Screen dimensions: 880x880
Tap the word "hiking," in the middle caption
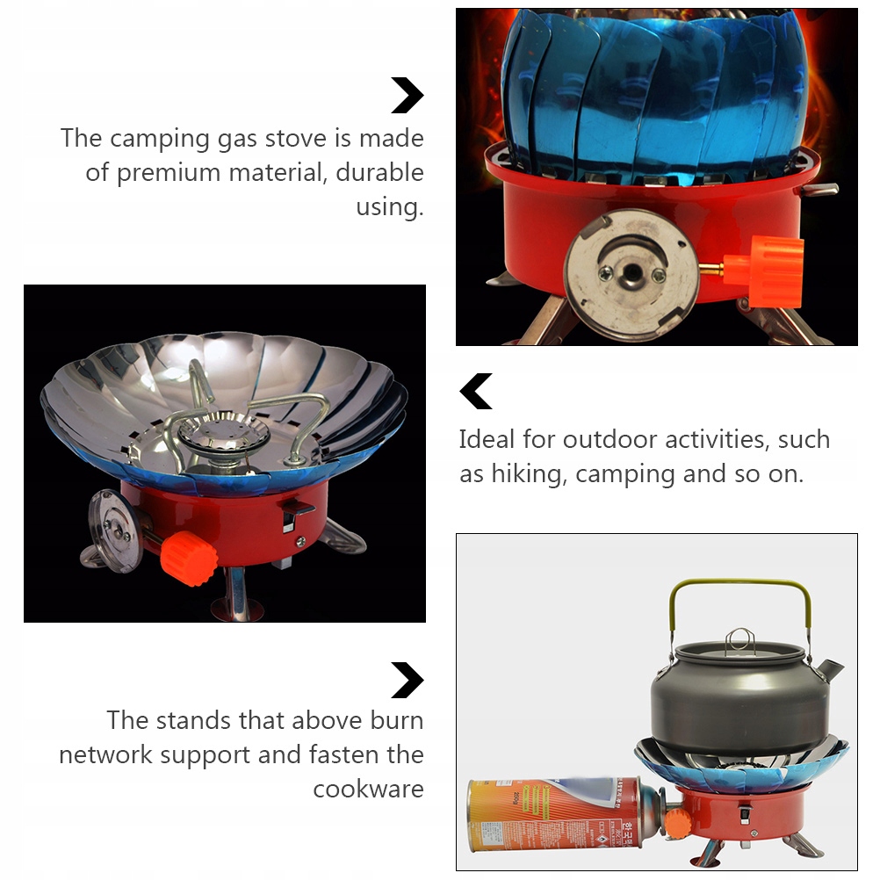coord(527,474)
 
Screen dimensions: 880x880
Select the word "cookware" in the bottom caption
coord(368,789)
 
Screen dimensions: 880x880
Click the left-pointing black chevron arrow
coord(476,391)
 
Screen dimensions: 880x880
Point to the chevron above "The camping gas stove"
coord(408,96)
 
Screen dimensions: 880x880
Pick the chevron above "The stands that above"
coord(408,681)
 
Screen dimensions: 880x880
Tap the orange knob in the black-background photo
coord(189,559)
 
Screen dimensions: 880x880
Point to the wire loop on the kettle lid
coord(739,639)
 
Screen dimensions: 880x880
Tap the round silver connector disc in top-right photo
coord(632,274)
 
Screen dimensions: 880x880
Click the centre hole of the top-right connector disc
coord(632,273)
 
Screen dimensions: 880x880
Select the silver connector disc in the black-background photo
coord(114,531)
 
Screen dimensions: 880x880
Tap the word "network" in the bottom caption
coord(105,755)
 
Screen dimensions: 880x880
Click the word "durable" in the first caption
coord(380,172)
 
